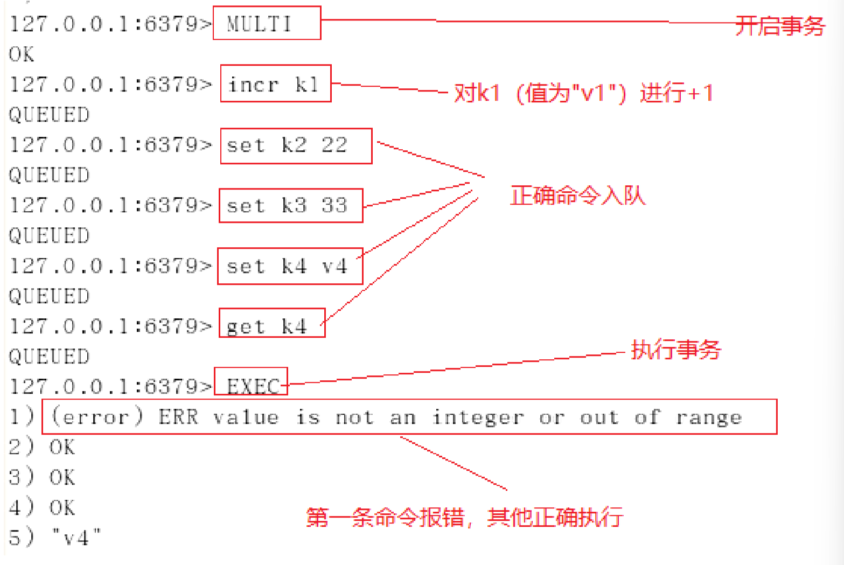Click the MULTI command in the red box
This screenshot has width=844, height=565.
tap(259, 24)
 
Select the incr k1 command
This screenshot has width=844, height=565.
tap(274, 85)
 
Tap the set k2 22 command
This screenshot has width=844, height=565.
tap(287, 145)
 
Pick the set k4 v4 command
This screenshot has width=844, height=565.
tap(287, 266)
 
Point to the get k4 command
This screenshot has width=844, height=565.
tap(267, 326)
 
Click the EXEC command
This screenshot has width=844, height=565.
tap(253, 387)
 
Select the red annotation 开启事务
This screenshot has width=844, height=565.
tap(780, 26)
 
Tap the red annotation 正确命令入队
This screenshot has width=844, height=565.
tap(578, 196)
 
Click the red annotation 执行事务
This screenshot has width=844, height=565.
tap(676, 350)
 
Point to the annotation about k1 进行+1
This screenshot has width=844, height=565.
tap(584, 93)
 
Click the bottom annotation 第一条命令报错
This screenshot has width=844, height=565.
tap(385, 517)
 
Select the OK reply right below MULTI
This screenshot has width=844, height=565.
tap(22, 54)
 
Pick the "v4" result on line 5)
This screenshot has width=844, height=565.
tap(76, 538)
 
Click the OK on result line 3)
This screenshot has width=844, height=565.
tap(62, 477)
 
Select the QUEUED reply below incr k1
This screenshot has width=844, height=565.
tap(50, 115)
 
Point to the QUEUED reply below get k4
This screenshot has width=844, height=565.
tap(50, 357)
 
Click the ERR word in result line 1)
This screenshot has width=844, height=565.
tap(178, 417)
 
